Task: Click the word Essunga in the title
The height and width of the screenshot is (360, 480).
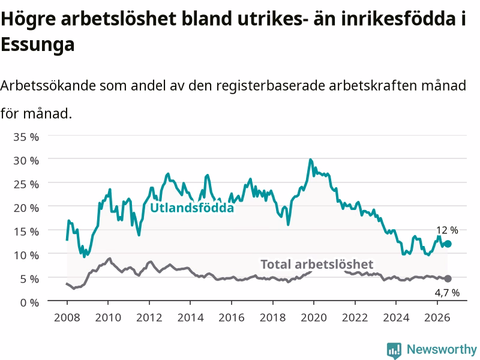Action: pyautogui.click(x=38, y=44)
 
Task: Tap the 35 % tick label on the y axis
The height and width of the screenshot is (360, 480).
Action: pyautogui.click(x=26, y=137)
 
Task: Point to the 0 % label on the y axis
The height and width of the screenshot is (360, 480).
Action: pyautogui.click(x=29, y=302)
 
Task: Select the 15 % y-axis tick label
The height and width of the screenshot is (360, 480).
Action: pyautogui.click(x=26, y=232)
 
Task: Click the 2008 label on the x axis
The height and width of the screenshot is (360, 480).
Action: pyautogui.click(x=67, y=317)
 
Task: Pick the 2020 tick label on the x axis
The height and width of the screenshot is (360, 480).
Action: pyautogui.click(x=314, y=317)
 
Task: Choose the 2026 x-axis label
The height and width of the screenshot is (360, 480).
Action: pyautogui.click(x=437, y=317)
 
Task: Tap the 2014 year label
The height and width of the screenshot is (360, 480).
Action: pyautogui.click(x=190, y=317)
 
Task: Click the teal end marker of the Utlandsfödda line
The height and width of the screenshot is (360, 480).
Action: pyautogui.click(x=448, y=244)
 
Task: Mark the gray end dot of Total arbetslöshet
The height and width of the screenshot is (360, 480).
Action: pyautogui.click(x=448, y=278)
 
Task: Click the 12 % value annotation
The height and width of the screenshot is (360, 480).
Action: pyautogui.click(x=447, y=230)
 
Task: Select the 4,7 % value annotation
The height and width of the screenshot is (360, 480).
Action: pyautogui.click(x=447, y=293)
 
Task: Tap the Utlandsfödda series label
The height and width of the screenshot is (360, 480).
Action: pyautogui.click(x=192, y=208)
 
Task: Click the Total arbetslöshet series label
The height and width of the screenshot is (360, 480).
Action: pyautogui.click(x=317, y=264)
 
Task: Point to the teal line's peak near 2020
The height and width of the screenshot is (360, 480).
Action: pyautogui.click(x=310, y=160)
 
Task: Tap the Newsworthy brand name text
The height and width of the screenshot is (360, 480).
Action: pyautogui.click(x=442, y=349)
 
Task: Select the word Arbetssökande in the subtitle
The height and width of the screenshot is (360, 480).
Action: pyautogui.click(x=48, y=86)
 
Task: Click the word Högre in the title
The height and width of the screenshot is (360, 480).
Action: pyautogui.click(x=28, y=19)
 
